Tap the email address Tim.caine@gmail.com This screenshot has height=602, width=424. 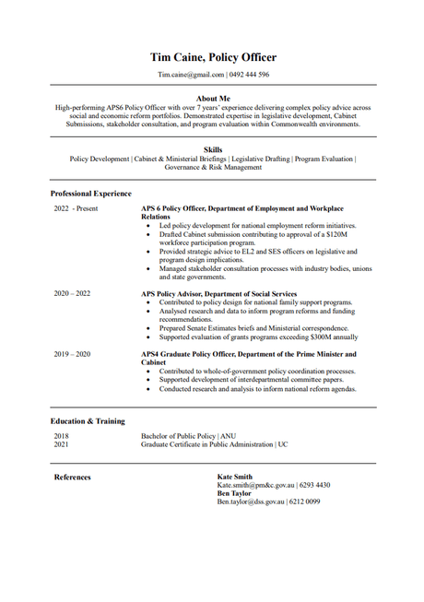[x=191, y=74]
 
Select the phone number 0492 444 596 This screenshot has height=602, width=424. [x=251, y=74]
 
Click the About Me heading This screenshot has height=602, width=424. [x=213, y=98]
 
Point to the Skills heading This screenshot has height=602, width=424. [x=213, y=149]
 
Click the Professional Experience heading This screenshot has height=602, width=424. [x=91, y=194]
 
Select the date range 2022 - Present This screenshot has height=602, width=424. [x=76, y=208]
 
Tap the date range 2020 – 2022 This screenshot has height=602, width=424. [x=73, y=293]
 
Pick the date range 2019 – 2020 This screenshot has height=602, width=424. [x=73, y=354]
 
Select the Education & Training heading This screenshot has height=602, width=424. [x=88, y=421]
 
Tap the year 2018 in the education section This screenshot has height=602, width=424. [x=61, y=436]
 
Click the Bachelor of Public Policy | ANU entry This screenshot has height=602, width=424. [x=188, y=436]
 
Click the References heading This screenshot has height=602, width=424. [x=73, y=478]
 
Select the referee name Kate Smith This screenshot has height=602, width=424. [x=235, y=477]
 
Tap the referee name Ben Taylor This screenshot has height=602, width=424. [x=234, y=493]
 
